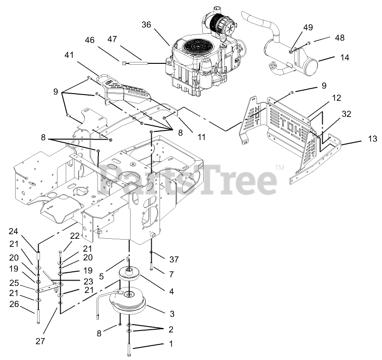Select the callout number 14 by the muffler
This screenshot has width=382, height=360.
click(344, 57)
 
